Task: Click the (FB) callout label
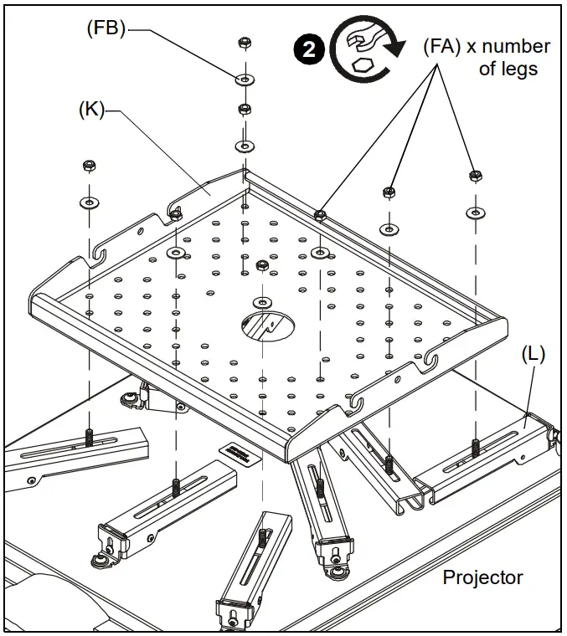coord(106,29)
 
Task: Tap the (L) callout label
coord(533,354)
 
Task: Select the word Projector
coord(482,577)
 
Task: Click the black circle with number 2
coord(310,49)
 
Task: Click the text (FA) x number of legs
coord(486,58)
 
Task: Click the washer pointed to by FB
coord(245,79)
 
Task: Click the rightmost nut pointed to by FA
coord(475,175)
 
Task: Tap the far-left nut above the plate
coord(88,165)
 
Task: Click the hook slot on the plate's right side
coord(431,361)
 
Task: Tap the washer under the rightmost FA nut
coord(475,212)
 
